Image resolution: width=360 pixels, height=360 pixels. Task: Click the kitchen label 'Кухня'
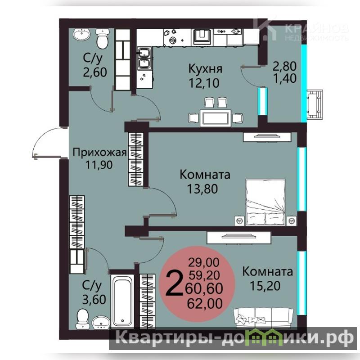point(205,69)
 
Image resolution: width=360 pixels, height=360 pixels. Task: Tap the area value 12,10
point(204,83)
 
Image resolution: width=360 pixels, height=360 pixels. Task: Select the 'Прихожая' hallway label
point(99,153)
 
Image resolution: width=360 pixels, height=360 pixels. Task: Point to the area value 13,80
point(202,189)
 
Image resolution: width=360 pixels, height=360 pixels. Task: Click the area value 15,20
point(265,286)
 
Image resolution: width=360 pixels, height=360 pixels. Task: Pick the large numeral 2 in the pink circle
point(174,283)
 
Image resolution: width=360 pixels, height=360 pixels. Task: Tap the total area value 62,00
point(205,303)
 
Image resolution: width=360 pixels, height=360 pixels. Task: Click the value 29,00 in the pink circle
point(204,262)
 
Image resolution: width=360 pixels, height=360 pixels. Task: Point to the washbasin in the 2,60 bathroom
point(81,35)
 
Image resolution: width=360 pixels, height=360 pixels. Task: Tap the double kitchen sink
point(144,58)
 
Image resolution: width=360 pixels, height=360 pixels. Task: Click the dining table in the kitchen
point(216,118)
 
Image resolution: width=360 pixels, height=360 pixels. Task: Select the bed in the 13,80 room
point(265,202)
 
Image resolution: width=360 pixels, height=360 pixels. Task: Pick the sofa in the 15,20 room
point(263,317)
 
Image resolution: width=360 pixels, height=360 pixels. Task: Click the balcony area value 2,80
point(285,66)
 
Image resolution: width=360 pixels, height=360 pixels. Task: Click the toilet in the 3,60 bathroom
point(82,319)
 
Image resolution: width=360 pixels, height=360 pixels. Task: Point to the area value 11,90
point(99,165)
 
